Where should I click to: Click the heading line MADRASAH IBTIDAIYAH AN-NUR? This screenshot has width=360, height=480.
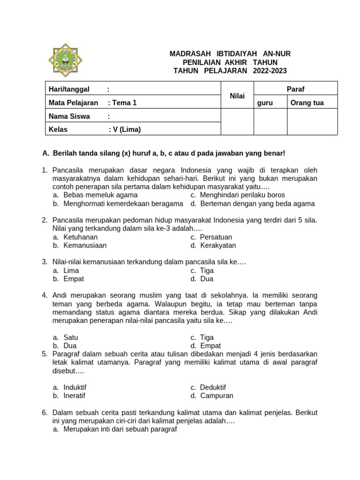coord(230,54)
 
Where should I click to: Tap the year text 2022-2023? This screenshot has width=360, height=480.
coord(270,71)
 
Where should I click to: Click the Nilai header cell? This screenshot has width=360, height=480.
coord(237,96)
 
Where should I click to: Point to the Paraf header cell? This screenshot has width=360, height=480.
coord(295,89)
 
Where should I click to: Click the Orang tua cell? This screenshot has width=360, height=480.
coord(307,103)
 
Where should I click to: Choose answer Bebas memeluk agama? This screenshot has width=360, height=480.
coord(100,195)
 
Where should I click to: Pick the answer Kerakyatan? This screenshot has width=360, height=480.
coord(217,245)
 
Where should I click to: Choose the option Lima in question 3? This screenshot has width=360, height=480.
coord(71,270)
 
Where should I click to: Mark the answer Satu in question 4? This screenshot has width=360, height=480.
coord(70,337)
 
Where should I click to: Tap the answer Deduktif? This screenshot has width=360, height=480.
coord(212,387)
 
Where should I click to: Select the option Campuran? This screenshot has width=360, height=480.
coord(216,396)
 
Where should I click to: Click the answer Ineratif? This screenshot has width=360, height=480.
coord(74,396)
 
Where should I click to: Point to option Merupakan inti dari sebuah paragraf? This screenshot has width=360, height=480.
coord(120,429)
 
